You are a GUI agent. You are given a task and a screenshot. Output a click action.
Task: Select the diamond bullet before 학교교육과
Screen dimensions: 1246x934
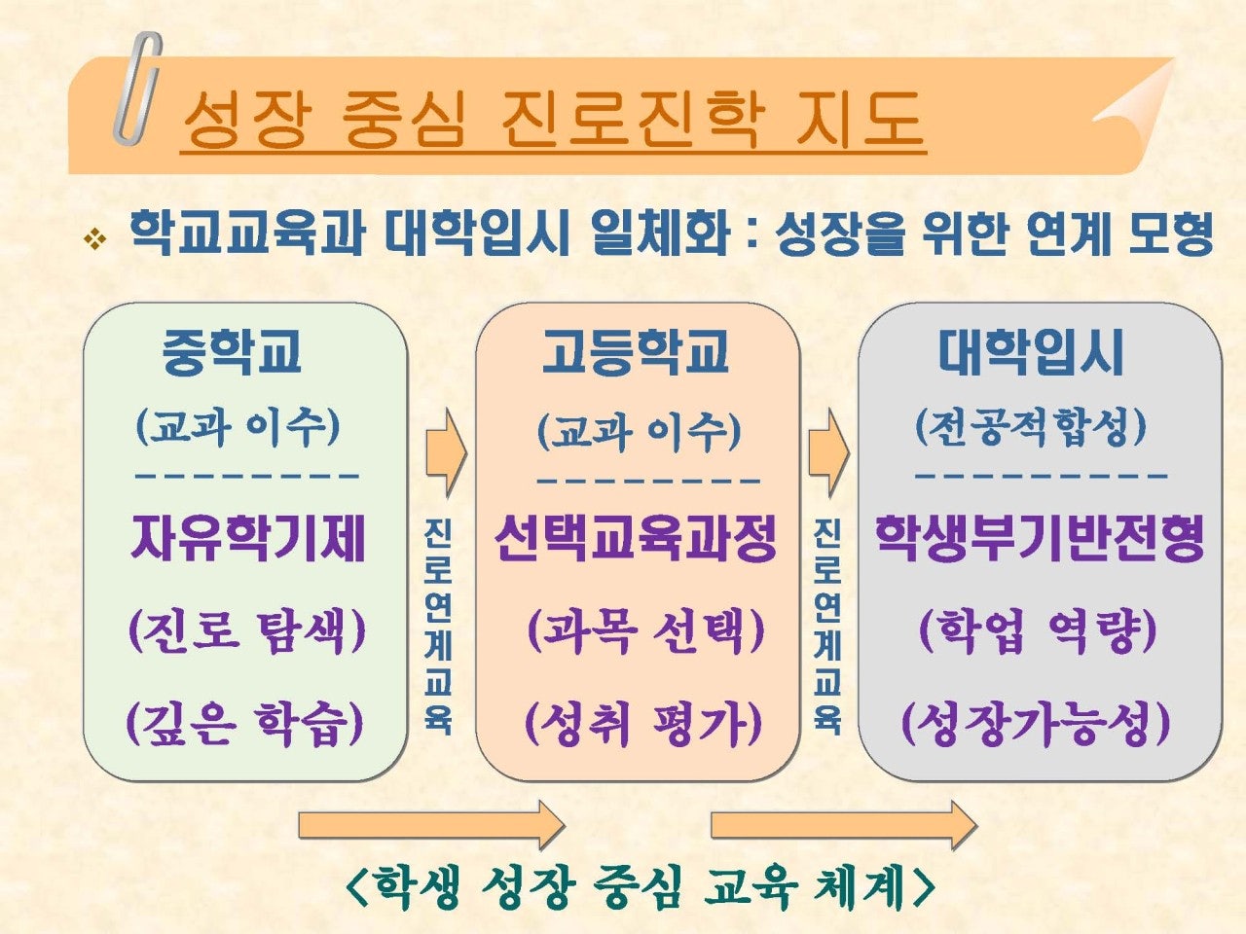point(94,238)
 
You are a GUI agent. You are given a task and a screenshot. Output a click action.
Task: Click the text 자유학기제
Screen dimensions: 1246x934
point(247,538)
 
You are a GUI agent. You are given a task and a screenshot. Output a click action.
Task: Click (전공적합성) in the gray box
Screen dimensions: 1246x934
point(1031,427)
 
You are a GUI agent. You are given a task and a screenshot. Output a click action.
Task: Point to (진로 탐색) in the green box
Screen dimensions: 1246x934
point(247,631)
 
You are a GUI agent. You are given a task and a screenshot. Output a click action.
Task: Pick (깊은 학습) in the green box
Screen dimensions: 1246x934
point(244,724)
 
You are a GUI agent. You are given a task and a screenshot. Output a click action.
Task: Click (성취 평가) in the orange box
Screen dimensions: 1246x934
point(643,724)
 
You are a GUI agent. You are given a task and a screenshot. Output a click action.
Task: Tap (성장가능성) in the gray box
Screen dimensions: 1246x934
point(1036,724)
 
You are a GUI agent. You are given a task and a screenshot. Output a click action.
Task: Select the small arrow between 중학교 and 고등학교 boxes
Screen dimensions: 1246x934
point(447,452)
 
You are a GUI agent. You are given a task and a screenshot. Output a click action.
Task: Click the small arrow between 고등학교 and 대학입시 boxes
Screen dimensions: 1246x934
point(829,452)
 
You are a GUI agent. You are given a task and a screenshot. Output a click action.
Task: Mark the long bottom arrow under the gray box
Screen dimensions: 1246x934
point(844,826)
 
